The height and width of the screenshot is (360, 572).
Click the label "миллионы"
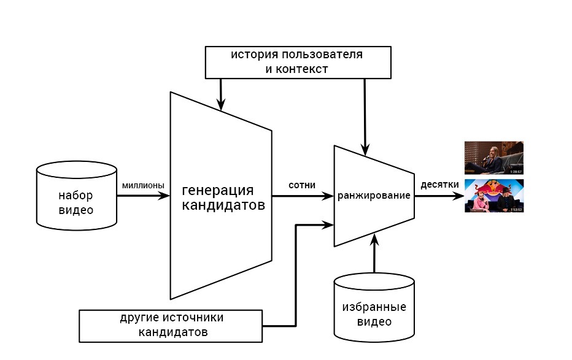143,185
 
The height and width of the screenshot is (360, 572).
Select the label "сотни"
302,185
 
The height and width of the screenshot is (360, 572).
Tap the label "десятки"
439,185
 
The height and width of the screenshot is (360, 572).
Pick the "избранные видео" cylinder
374,308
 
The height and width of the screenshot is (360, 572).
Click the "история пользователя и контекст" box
297,62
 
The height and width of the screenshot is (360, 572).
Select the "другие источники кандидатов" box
171,326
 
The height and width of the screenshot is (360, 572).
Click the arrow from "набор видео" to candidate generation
142,196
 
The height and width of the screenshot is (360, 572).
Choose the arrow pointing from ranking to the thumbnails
438,197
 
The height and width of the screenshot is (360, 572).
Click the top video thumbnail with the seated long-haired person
493,158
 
